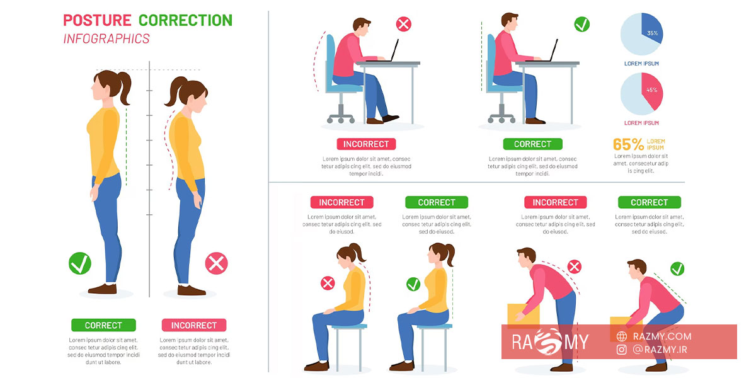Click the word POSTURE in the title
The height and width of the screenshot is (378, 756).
tap(97, 20)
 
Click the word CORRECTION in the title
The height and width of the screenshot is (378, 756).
tap(186, 20)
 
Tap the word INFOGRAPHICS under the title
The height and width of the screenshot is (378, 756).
tap(106, 39)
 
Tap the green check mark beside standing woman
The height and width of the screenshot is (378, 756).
tap(80, 263)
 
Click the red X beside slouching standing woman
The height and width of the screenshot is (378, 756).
tap(216, 263)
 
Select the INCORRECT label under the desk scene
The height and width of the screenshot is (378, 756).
tap(366, 144)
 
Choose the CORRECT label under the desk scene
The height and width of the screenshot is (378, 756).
tap(532, 144)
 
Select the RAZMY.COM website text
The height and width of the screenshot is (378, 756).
tap(662, 336)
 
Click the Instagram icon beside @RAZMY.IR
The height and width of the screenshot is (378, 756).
tap(622, 350)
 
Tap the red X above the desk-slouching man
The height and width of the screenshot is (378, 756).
tap(404, 25)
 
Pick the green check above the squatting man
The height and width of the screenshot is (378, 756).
tap(677, 269)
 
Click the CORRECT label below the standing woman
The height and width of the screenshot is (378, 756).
tap(103, 325)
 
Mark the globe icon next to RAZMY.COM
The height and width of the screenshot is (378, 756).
tap(622, 336)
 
